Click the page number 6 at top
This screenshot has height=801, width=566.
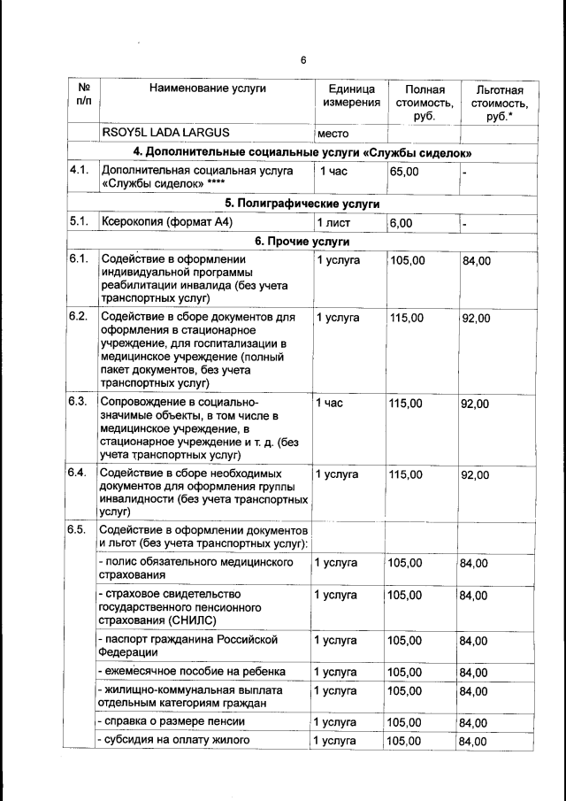302,60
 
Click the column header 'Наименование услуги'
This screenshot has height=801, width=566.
207,89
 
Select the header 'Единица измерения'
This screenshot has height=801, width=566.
351,96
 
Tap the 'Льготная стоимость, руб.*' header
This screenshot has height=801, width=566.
499,103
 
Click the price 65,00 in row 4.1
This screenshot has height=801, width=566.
404,171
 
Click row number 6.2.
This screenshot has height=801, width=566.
77,316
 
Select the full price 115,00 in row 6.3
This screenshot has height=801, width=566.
407,404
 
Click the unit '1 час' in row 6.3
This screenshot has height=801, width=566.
329,404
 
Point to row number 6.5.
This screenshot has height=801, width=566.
77,530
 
